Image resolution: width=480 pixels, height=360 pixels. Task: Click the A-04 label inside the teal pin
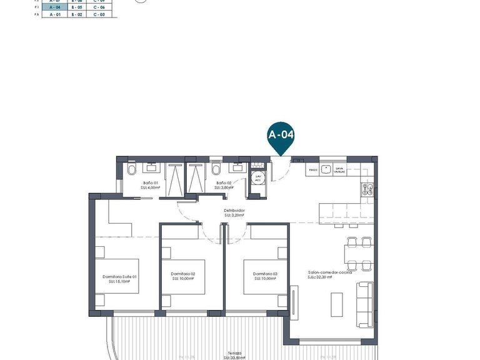click(281, 134)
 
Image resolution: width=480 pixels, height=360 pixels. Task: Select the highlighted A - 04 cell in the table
click(54, 7)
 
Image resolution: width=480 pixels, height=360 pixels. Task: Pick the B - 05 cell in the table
click(77, 7)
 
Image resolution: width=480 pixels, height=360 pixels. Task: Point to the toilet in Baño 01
click(131, 169)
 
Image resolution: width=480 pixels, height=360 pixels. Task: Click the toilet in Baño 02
click(216, 169)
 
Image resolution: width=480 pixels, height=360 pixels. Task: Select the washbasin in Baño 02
click(238, 168)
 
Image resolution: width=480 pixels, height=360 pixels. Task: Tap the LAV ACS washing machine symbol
click(257, 176)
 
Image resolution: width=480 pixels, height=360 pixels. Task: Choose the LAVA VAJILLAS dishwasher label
click(339, 169)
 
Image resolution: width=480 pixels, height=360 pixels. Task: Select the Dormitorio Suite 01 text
click(119, 278)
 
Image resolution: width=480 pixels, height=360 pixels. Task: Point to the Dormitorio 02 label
click(184, 276)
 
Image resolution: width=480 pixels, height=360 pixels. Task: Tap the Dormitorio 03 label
click(266, 276)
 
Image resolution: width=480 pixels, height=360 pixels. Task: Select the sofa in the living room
click(365, 305)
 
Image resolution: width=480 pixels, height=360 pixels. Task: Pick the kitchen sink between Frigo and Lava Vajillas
click(327, 169)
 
